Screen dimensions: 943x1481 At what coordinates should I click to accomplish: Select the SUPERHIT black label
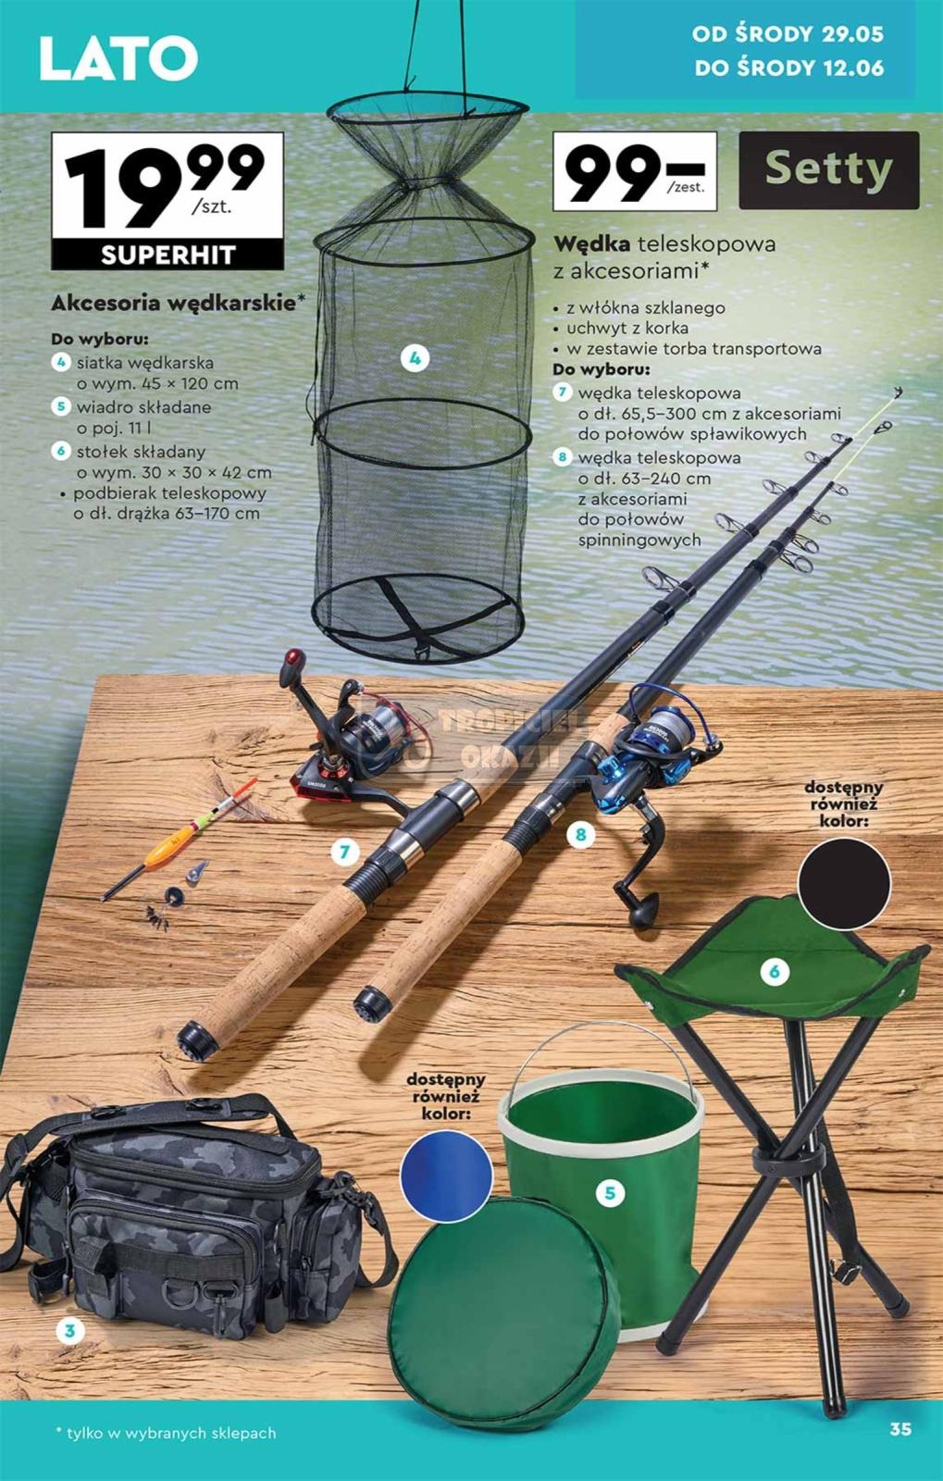tap(168, 255)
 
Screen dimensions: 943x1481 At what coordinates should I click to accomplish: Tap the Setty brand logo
tap(828, 170)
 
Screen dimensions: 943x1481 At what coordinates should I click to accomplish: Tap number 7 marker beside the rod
tap(343, 852)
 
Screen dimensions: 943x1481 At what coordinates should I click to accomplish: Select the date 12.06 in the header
tap(853, 68)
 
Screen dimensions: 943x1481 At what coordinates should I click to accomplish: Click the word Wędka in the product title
tap(592, 244)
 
